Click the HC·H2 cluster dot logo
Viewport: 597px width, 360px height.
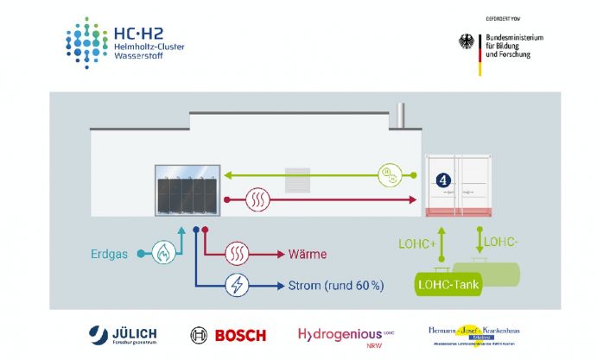[x=87, y=42]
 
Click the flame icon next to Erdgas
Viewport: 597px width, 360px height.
[x=164, y=254]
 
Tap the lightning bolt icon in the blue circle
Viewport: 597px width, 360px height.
[x=237, y=285]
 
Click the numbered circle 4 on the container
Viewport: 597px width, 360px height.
[x=444, y=180]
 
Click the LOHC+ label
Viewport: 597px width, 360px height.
[x=416, y=245]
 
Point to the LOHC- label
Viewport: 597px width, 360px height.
[x=500, y=240]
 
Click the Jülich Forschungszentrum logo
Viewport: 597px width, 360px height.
[x=119, y=334]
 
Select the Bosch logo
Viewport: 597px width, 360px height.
[x=228, y=334]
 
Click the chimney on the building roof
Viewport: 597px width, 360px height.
[x=399, y=116]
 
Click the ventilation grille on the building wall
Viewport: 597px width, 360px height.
[x=297, y=177]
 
